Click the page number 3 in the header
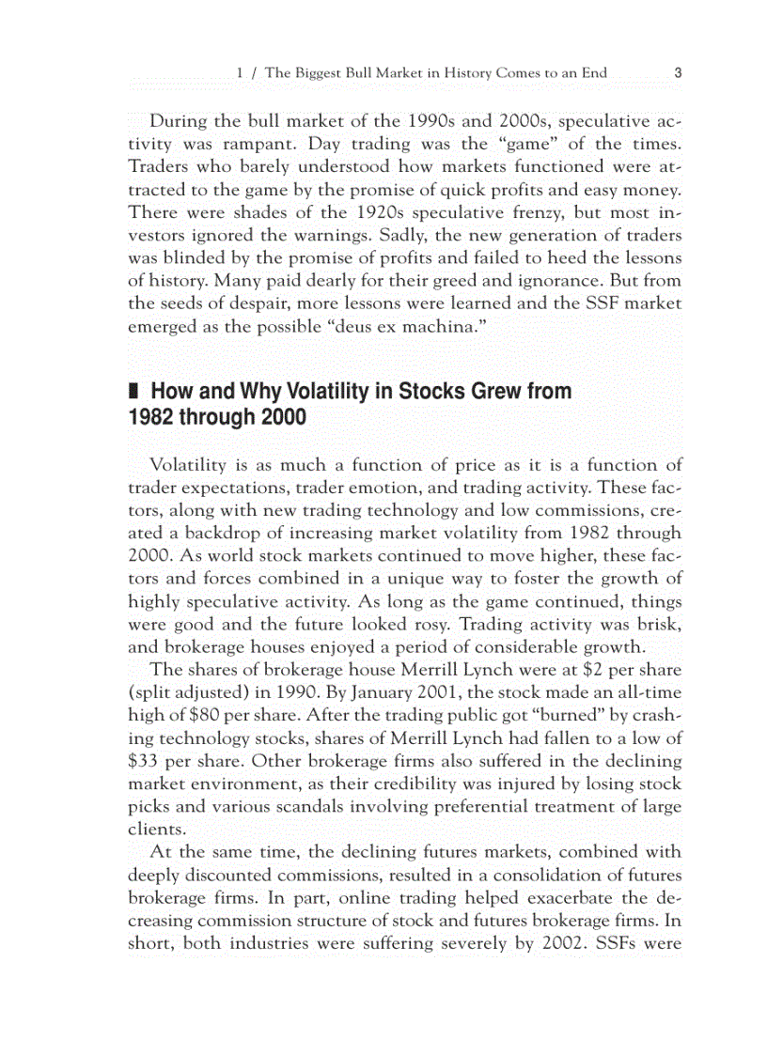[x=678, y=72]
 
